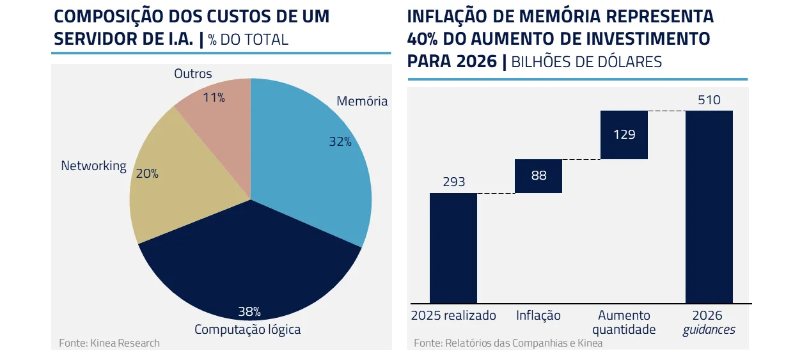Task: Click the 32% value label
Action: [x=340, y=142]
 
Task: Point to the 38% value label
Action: [x=249, y=312]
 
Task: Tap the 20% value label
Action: [x=147, y=173]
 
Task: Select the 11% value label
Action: [x=214, y=98]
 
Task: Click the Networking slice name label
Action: [x=93, y=166]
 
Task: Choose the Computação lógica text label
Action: [x=247, y=330]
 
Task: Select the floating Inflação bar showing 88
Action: [x=538, y=176]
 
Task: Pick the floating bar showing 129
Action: [x=624, y=135]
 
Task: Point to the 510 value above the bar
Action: [x=709, y=100]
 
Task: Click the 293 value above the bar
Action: [x=453, y=182]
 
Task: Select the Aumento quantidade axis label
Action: [x=624, y=322]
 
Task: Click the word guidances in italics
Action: [x=709, y=330]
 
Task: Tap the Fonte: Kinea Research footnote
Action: [x=109, y=343]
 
